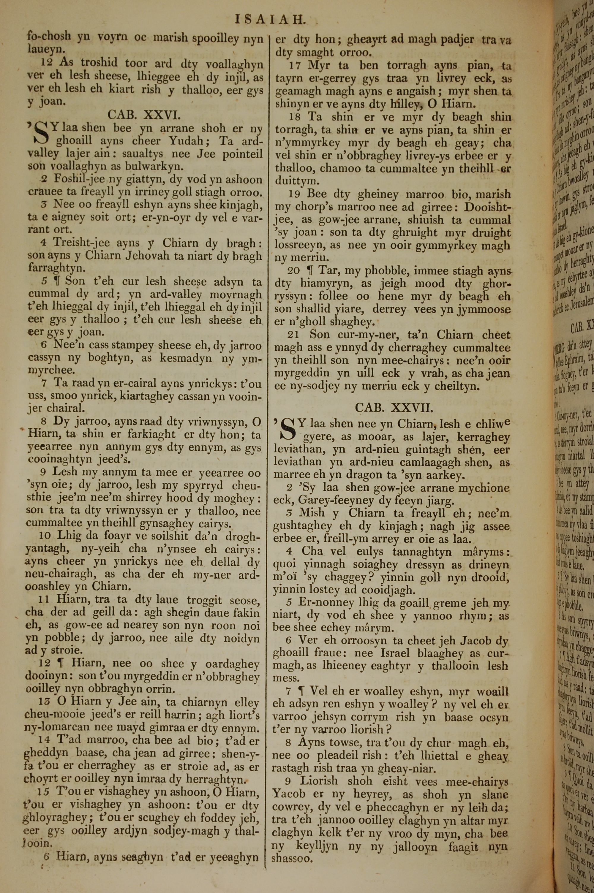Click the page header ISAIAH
pos(270,19)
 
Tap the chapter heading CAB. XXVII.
pos(394,408)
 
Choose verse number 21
pos(293,335)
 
